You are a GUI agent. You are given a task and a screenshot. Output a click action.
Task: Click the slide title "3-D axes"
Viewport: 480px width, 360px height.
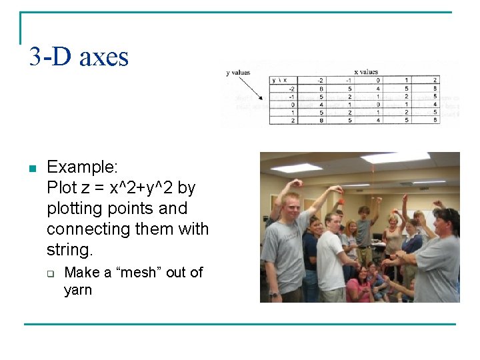click(79, 57)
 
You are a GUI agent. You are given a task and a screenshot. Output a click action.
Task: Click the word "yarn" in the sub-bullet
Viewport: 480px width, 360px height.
click(77, 290)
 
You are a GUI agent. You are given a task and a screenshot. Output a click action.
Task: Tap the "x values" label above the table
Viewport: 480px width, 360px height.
click(365, 72)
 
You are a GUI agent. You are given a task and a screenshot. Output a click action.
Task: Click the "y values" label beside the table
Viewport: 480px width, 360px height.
click(238, 72)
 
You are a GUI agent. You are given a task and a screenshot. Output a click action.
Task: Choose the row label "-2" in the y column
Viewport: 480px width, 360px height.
click(292, 88)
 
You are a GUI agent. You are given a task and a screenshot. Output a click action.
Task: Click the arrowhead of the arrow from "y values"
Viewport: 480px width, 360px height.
click(261, 99)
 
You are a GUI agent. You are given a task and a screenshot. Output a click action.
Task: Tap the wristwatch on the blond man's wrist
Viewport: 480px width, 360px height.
click(273, 293)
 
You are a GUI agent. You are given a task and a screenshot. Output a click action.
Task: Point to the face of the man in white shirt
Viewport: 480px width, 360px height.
click(333, 223)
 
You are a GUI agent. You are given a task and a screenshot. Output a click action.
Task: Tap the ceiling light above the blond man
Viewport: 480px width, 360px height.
click(296, 167)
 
